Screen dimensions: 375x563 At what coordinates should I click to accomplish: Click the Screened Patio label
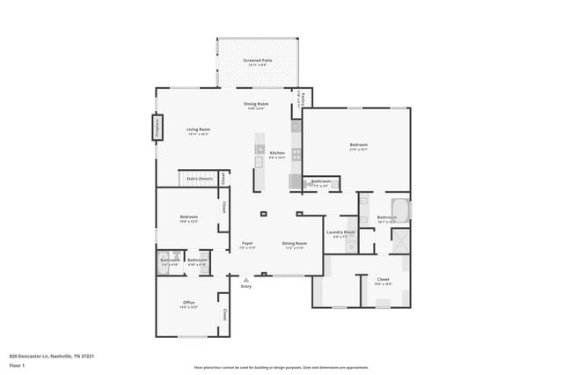(257, 61)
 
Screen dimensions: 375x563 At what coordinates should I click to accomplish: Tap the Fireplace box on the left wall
(157, 128)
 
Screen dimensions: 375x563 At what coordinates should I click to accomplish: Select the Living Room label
(198, 129)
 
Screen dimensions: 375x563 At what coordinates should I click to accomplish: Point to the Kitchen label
(276, 152)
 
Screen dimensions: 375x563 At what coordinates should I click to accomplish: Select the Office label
(189, 303)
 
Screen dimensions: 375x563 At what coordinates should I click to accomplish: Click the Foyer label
(248, 243)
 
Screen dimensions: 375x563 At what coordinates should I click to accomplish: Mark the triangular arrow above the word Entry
(245, 280)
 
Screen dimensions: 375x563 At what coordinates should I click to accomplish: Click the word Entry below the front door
(245, 286)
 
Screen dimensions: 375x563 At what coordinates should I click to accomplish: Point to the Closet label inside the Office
(224, 313)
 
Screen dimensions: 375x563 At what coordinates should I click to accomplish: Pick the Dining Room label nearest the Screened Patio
(256, 104)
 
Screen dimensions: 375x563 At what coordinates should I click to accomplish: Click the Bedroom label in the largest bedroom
(358, 144)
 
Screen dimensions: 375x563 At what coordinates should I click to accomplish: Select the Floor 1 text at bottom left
(18, 364)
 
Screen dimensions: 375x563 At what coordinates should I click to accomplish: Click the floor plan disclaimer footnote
(281, 367)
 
